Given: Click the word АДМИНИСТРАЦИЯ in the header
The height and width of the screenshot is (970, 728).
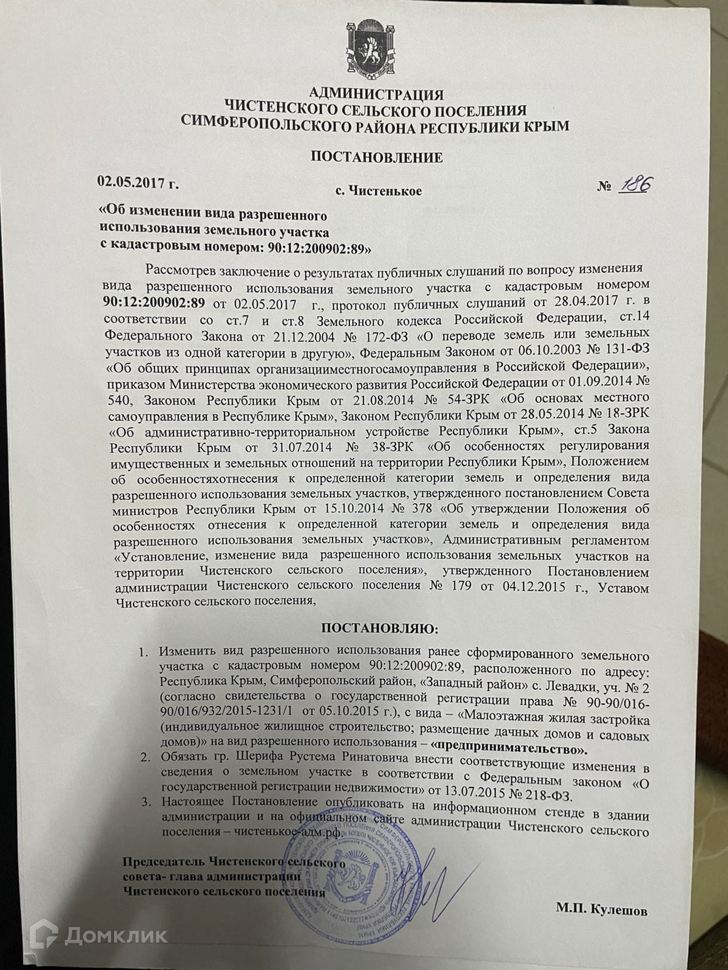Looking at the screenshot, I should [376, 94].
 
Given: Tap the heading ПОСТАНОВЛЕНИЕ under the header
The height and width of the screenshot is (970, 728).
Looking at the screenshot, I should [377, 158].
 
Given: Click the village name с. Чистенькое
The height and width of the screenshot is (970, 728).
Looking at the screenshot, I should [379, 192].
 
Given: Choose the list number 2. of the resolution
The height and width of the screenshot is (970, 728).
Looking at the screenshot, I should [144, 757].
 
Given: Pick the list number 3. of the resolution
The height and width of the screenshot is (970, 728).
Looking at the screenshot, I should [144, 803].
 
